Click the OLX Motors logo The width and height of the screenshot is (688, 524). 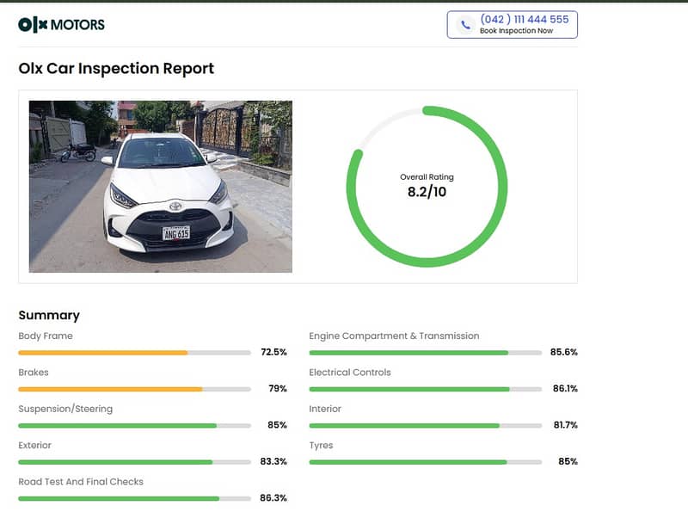pos(61,25)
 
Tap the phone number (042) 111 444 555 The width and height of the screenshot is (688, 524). pos(525,19)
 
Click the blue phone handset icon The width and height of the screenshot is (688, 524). pos(465,25)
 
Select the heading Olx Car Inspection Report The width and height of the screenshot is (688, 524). pos(116,69)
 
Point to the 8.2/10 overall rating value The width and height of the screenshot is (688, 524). pos(427,192)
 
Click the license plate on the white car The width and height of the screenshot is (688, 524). pos(176,233)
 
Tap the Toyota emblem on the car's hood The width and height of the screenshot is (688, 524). pos(175,206)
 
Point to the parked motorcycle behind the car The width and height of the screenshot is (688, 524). pos(78,151)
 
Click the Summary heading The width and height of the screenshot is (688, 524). pos(49,315)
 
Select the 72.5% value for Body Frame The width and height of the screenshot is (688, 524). pos(273,352)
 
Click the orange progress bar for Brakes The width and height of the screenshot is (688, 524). pos(110,389)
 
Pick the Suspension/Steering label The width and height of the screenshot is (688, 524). pos(65,409)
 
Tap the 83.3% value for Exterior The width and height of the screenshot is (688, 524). pos(273,461)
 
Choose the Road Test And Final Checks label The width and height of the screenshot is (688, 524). pos(81,482)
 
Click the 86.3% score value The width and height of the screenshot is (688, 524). pos(273,497)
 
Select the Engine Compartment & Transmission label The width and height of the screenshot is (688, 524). pos(394,336)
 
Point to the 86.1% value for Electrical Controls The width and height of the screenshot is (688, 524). pos(565,388)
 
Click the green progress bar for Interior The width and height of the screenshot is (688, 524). pos(404,426)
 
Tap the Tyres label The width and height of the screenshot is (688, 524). pos(321,446)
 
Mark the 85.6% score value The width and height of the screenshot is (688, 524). pos(564,352)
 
